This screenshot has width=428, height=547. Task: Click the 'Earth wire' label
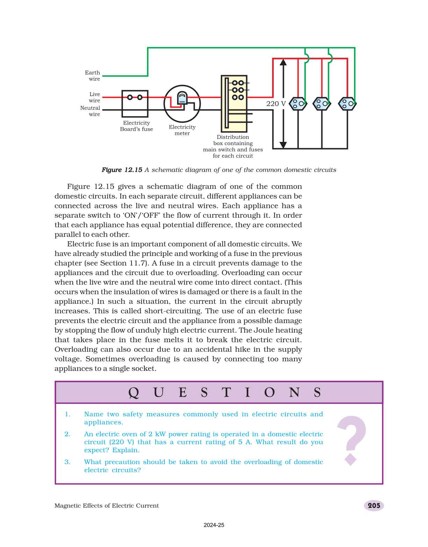click(x=93, y=75)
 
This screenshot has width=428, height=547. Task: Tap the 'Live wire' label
click(x=94, y=97)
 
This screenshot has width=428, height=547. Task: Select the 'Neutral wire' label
click(x=90, y=111)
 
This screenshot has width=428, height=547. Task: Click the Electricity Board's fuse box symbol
click(x=135, y=103)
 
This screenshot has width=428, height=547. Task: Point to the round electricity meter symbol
click(x=182, y=104)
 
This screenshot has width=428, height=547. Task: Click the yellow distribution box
click(x=234, y=103)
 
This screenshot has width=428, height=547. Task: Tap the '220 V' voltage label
click(x=276, y=103)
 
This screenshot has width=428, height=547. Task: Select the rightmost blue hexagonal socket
click(x=347, y=103)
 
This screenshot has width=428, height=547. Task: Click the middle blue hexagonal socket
click(x=322, y=103)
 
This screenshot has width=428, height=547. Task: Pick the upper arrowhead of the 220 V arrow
click(x=283, y=62)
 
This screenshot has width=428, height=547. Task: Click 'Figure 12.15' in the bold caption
click(x=122, y=170)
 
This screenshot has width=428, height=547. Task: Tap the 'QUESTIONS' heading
click(x=224, y=393)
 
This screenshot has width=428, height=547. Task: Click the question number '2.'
click(x=67, y=434)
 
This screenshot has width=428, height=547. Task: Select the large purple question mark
click(x=351, y=440)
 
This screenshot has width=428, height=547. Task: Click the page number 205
click(x=374, y=505)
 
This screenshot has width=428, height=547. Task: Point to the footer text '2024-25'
click(x=214, y=525)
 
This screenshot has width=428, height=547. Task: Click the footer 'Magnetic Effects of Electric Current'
click(x=107, y=506)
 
